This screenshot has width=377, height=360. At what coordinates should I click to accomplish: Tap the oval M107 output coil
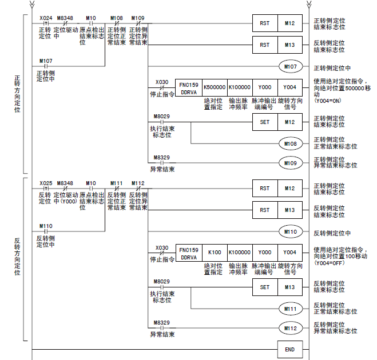coord(290,67)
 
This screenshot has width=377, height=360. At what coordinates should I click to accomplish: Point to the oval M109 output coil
coord(290,162)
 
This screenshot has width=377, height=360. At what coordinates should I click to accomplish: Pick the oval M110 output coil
coord(290,233)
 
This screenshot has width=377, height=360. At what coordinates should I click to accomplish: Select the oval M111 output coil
coord(290,309)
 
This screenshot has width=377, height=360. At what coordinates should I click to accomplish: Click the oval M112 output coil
coord(290,329)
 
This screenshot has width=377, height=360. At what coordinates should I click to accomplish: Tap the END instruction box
coord(289,348)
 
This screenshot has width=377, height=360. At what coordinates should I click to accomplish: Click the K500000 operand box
coord(215,87)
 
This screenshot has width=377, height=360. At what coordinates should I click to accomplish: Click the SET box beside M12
coord(264,121)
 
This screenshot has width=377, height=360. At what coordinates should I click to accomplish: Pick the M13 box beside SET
coord(289,287)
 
